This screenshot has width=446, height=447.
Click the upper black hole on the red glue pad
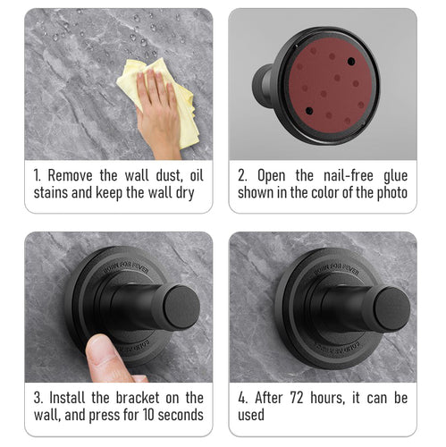point(351,62)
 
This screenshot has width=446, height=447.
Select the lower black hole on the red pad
point(309,111)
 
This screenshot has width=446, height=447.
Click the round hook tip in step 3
point(181,308)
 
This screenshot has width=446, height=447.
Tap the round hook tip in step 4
point(392,309)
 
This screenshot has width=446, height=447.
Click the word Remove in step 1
point(71,175)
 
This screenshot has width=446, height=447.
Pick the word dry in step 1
point(185,194)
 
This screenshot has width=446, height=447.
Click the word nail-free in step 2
point(349,175)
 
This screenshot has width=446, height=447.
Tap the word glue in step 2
point(395,176)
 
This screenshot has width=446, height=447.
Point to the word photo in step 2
point(392,193)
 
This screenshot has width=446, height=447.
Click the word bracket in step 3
point(138,398)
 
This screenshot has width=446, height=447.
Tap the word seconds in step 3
point(181,415)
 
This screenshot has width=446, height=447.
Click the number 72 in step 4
point(297,398)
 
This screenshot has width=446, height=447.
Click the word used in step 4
point(251,415)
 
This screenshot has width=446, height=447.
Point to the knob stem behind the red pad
point(263,86)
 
